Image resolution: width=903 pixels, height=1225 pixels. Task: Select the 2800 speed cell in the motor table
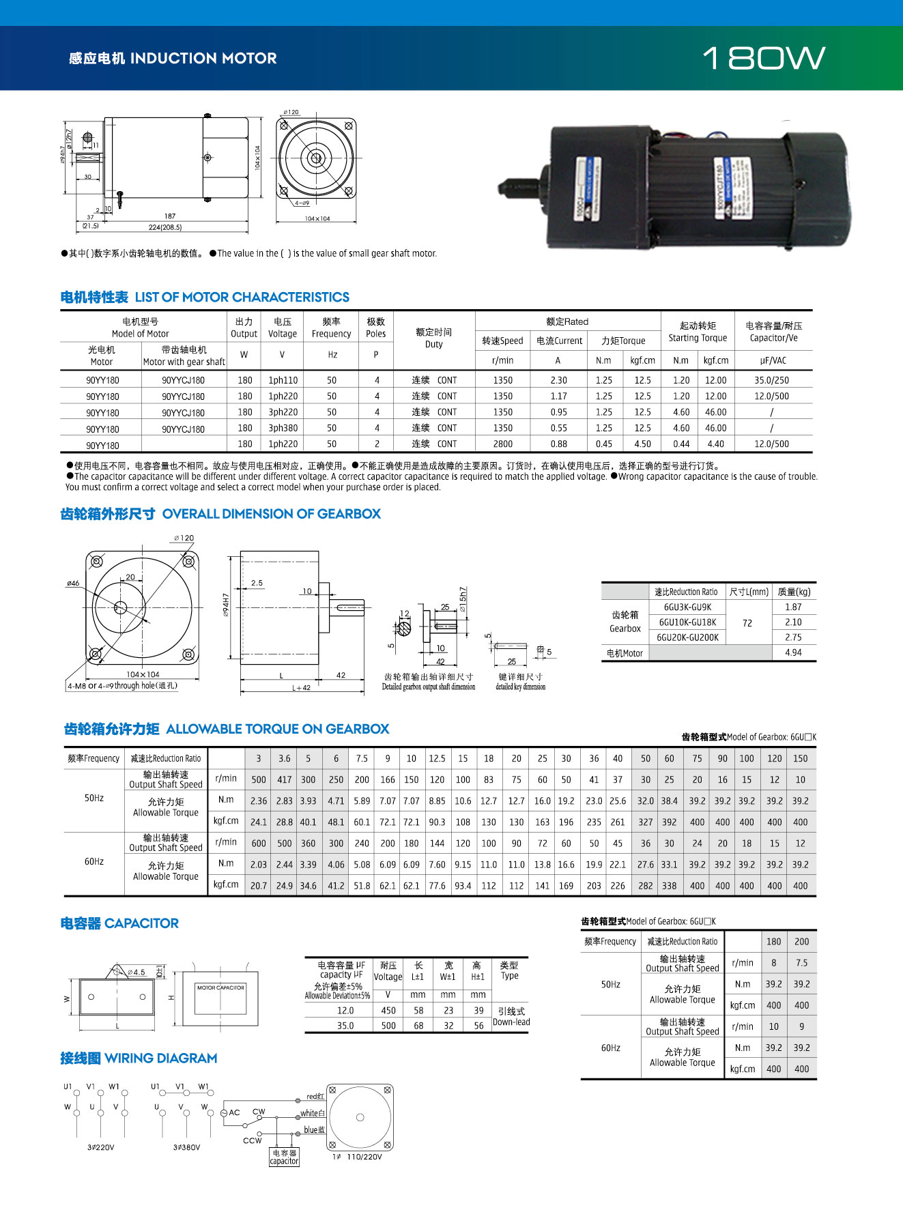point(502,444)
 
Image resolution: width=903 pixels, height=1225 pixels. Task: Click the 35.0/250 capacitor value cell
point(771,380)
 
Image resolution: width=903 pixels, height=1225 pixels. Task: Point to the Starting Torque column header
point(698,332)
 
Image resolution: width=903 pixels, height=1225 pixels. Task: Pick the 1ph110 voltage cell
point(283,380)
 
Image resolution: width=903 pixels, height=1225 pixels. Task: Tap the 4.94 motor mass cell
point(793,653)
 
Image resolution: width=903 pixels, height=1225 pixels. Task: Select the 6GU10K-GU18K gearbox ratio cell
point(687,622)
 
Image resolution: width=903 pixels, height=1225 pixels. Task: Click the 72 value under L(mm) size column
point(747,623)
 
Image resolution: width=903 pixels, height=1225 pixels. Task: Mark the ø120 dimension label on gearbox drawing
point(184,538)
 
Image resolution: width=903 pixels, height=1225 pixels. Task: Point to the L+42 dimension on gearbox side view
point(301,688)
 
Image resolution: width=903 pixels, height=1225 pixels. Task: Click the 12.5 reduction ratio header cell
point(437,759)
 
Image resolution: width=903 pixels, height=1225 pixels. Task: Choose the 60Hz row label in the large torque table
point(94,862)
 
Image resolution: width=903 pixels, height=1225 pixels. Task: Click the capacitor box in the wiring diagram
point(284,1157)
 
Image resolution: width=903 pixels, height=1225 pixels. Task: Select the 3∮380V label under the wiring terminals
point(186,1147)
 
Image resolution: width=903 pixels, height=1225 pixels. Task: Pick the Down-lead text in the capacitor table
point(511,1022)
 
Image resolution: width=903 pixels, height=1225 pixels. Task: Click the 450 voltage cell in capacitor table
point(388,1011)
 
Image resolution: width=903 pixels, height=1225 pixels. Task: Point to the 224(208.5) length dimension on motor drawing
point(165,227)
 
